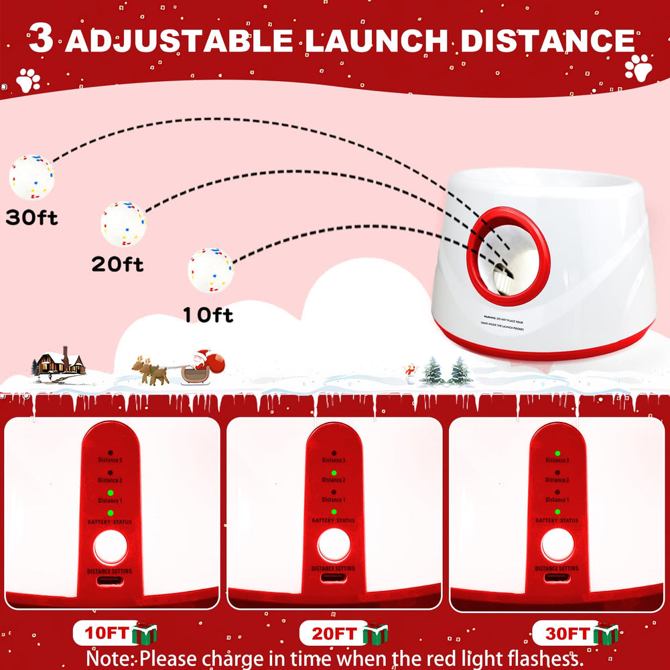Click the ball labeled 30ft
coord(31,177)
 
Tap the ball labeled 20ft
coord(123,224)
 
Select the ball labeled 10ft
coord(210,270)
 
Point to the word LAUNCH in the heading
coord(376,42)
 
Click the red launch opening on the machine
coord(507,256)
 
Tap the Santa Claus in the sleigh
coord(202,365)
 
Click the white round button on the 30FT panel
coord(557,545)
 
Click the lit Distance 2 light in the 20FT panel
coord(334,472)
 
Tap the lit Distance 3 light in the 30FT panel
coord(557,453)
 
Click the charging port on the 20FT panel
coord(334,578)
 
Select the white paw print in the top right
coord(639,68)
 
